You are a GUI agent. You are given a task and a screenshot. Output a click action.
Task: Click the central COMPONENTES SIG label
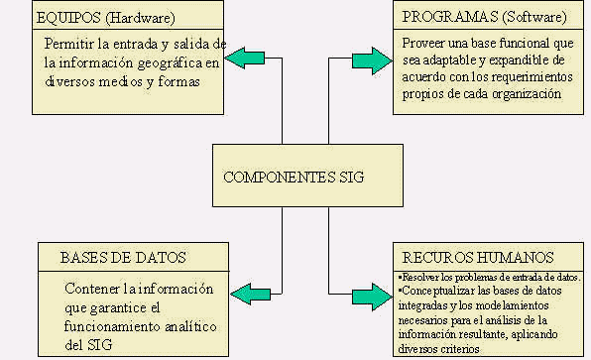tap(294, 178)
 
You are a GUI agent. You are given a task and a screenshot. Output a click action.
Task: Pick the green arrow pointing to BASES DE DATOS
tap(252, 294)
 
